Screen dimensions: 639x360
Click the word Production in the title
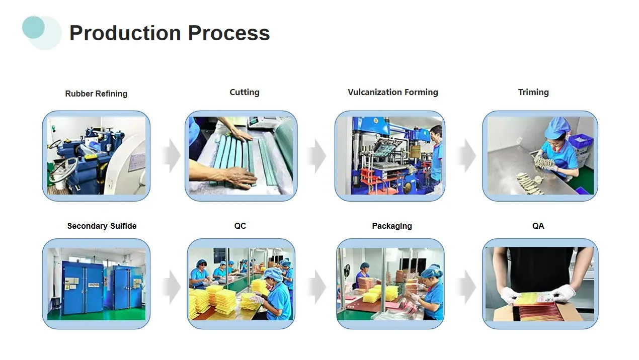tap(125, 33)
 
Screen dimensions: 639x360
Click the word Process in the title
tap(229, 33)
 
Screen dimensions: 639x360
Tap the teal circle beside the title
tap(33, 27)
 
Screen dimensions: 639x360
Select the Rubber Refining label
tap(96, 94)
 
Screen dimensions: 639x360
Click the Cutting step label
tap(245, 92)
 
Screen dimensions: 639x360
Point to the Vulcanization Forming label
tap(393, 92)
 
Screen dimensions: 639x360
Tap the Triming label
tap(533, 92)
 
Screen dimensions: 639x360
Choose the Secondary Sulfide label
tap(102, 226)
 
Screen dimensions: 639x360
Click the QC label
tap(240, 226)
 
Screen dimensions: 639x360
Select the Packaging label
tap(392, 226)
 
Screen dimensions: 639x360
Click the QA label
tap(538, 226)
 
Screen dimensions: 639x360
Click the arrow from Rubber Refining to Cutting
tap(172, 156)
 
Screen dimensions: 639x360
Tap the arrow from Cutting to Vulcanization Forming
tap(317, 156)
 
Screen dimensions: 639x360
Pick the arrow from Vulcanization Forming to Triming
tap(467, 156)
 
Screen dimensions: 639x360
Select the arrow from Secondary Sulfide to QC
tap(172, 287)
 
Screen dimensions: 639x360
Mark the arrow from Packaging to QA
tap(467, 287)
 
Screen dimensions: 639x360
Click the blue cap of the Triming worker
tap(557, 127)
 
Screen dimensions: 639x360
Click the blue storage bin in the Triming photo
tap(581, 142)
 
